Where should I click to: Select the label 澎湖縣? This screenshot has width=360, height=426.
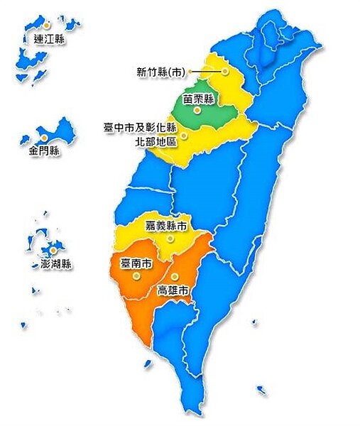point(52,264)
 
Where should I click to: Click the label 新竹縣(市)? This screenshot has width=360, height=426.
point(160,71)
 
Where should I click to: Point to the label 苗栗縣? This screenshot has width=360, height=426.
point(198,99)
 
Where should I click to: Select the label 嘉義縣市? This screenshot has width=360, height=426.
point(166,226)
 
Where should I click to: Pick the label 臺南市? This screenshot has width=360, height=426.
point(136,263)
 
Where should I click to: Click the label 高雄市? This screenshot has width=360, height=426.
point(174,290)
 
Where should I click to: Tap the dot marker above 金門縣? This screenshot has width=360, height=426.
point(44,137)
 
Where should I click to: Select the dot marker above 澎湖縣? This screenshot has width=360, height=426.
point(53,251)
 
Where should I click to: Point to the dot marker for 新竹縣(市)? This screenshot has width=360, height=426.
point(225,71)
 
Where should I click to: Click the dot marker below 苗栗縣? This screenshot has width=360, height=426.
point(197,110)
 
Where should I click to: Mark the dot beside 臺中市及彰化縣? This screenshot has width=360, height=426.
point(183,134)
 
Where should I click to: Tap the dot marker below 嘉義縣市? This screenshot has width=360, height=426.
point(169,239)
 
